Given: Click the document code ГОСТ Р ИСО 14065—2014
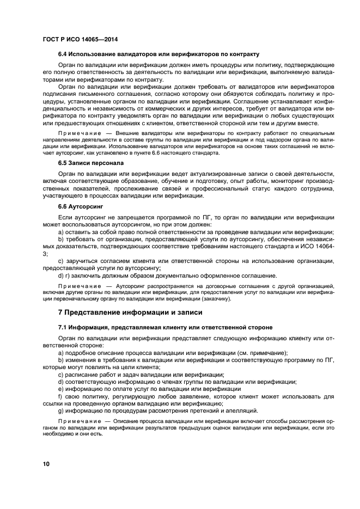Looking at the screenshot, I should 80,39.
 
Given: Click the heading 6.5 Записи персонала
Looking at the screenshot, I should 90,163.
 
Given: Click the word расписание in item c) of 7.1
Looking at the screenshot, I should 81,375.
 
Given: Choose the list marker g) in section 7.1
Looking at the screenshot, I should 61,410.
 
